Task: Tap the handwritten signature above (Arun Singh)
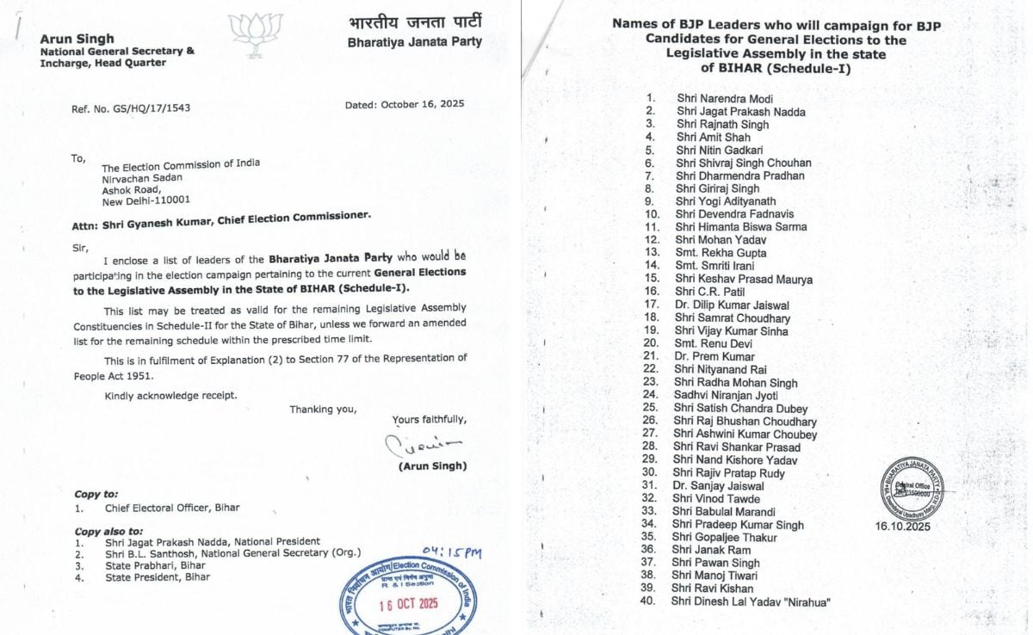[x=423, y=444]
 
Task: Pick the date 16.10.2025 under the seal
[x=902, y=526]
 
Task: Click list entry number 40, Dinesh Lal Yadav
[x=750, y=601]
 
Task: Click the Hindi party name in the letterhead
[x=415, y=22]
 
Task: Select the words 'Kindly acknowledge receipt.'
[x=170, y=395]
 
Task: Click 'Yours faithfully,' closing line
[x=430, y=420]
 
